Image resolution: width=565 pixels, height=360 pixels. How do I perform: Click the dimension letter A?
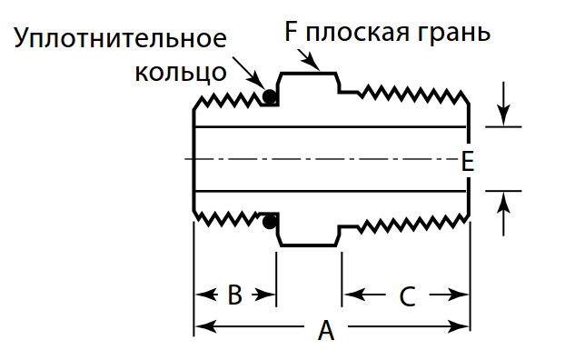coord(326,331)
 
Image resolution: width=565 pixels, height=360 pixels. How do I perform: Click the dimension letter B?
coord(234,295)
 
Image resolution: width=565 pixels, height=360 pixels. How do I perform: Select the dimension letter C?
coord(406,295)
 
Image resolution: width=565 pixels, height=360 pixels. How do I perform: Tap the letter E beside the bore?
coord(467,161)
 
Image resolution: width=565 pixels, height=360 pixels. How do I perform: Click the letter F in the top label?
coord(292,34)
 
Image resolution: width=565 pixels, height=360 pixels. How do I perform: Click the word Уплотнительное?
coord(121,40)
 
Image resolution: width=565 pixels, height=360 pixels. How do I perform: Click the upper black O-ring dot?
coord(269,96)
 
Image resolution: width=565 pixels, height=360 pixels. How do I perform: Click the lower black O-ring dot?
coord(269,221)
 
